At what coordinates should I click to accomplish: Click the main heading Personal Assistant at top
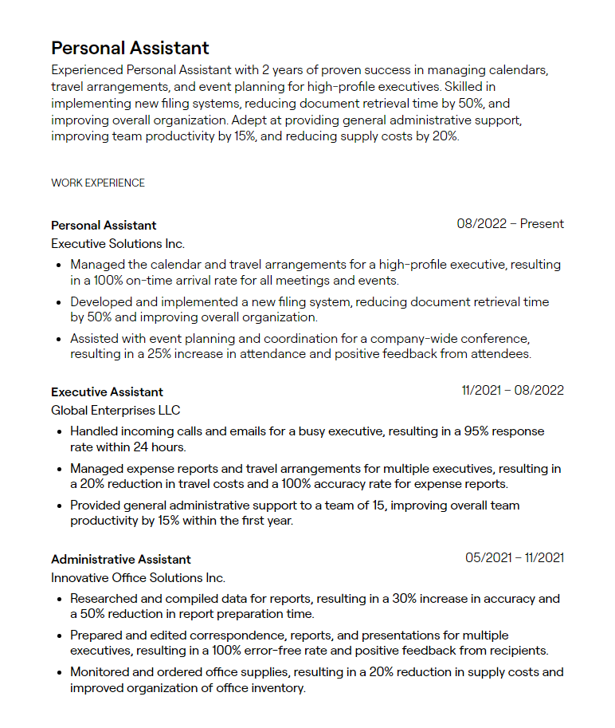130,48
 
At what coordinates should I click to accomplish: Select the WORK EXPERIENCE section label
98,183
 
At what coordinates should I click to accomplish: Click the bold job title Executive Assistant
107,392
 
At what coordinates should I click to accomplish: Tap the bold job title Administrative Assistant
121,559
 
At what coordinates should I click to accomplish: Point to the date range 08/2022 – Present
510,224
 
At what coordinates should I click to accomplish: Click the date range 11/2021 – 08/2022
512,391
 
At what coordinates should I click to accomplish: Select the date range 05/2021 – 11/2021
515,558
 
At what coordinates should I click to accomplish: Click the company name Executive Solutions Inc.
118,243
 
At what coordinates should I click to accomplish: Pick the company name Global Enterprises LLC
116,410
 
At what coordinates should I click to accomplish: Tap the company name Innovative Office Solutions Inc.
138,577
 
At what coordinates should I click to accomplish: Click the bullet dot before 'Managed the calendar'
60,265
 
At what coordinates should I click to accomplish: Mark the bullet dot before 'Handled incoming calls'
60,431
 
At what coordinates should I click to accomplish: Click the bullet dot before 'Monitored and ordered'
60,673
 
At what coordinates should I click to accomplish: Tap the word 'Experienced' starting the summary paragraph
87,70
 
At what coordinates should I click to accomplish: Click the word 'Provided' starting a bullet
94,505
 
